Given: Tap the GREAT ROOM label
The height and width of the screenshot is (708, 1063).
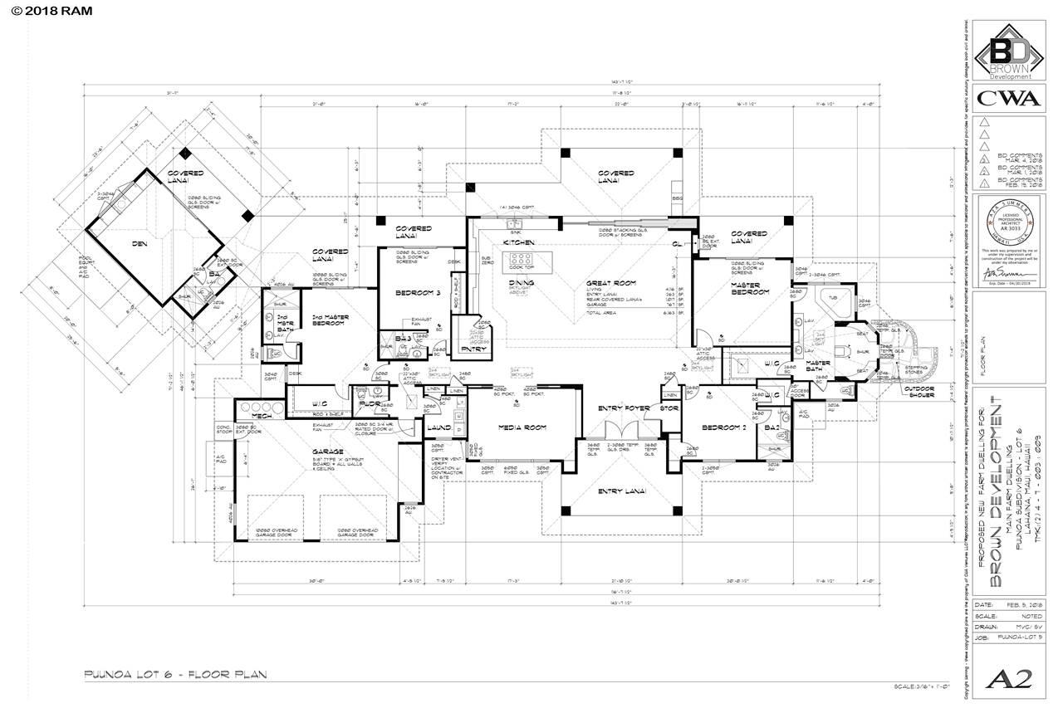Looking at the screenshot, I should coord(606,283).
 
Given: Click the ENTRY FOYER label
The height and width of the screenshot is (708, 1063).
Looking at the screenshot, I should coord(624,408).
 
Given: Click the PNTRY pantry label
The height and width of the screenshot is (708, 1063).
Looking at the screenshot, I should coord(473,349).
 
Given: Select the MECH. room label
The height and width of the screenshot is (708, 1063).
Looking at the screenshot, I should coord(263,415).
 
